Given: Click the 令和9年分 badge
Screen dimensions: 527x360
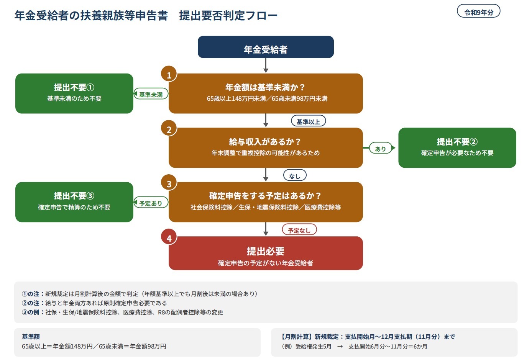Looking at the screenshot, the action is click(x=478, y=11).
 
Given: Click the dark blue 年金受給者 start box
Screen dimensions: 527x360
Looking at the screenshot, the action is click(x=266, y=47).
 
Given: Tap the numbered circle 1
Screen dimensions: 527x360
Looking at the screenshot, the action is click(x=169, y=74).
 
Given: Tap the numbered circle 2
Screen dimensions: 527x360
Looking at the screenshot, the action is click(x=169, y=128).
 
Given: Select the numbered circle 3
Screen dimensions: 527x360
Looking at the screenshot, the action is click(x=169, y=182).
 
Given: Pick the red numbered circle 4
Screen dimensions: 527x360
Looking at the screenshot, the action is click(x=169, y=237).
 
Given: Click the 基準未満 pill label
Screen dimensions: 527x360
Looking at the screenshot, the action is click(x=151, y=94).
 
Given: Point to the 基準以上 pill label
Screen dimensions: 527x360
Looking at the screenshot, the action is click(x=308, y=121).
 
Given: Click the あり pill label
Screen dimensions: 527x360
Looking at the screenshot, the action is click(x=381, y=148).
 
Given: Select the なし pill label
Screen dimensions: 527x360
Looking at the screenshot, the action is click(x=295, y=175).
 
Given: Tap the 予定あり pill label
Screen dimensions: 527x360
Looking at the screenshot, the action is click(x=151, y=203).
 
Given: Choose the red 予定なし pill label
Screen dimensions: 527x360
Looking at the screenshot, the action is click(x=299, y=230).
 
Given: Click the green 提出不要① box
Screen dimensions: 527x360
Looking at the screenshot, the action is click(x=74, y=93).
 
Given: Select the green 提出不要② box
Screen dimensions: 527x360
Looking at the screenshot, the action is click(x=457, y=148).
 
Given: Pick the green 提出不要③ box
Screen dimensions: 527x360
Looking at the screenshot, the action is click(x=74, y=202).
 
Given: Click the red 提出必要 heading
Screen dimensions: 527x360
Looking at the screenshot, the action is click(x=266, y=251).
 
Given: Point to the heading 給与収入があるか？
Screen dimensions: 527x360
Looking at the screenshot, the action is click(x=266, y=142).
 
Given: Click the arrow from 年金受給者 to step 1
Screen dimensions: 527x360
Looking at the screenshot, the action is click(x=266, y=65).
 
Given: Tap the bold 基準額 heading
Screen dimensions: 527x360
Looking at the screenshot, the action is click(x=31, y=337).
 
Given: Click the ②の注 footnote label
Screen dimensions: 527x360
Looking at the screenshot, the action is click(x=30, y=303).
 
